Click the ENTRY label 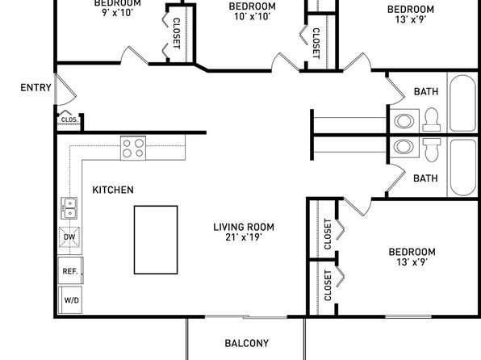(x=36, y=88)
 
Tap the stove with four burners (x=133, y=148)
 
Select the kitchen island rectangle (x=156, y=240)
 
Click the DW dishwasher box (x=69, y=237)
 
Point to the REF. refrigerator (x=70, y=270)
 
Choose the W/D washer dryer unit (x=70, y=299)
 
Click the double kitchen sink (x=69, y=208)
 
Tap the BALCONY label (x=247, y=343)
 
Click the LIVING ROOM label (x=244, y=228)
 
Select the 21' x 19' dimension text (x=244, y=237)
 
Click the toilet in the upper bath (x=432, y=119)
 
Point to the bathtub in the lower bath (x=463, y=168)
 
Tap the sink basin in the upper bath (x=404, y=120)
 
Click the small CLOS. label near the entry (x=69, y=119)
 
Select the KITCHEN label (x=113, y=190)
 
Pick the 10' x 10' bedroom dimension (x=252, y=17)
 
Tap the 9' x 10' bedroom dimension (x=118, y=13)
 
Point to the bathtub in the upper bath (x=463, y=103)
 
